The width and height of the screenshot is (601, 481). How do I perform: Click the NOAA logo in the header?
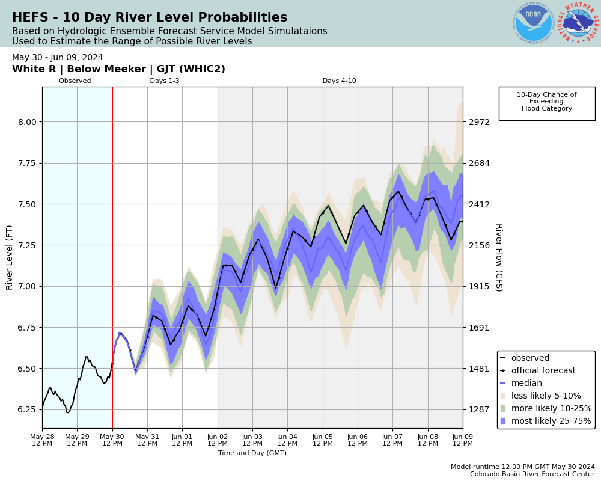point(533,23)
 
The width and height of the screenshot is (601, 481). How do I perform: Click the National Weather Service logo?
point(578,23)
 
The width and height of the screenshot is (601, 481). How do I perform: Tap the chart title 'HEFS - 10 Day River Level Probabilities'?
point(150,18)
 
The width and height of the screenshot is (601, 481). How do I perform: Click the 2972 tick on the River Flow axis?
point(480,121)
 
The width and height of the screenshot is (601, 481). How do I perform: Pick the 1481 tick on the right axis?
point(480,369)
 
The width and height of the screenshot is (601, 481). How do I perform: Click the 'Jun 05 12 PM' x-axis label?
point(323,440)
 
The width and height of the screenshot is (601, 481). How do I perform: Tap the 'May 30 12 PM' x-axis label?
point(112,440)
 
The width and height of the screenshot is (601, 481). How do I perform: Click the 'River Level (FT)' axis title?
point(10,257)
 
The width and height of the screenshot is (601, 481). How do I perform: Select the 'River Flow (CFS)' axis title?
point(498,257)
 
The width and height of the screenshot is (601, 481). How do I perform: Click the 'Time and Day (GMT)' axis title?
point(252,453)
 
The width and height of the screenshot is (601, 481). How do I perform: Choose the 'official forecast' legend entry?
point(543,371)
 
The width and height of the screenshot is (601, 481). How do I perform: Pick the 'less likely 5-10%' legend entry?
point(546,396)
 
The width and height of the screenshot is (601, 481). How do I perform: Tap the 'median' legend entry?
point(526,384)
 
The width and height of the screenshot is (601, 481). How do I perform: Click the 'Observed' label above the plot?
point(75,81)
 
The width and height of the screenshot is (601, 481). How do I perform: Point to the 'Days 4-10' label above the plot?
point(339,81)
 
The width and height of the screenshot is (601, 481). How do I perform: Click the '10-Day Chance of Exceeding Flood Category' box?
point(547,102)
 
